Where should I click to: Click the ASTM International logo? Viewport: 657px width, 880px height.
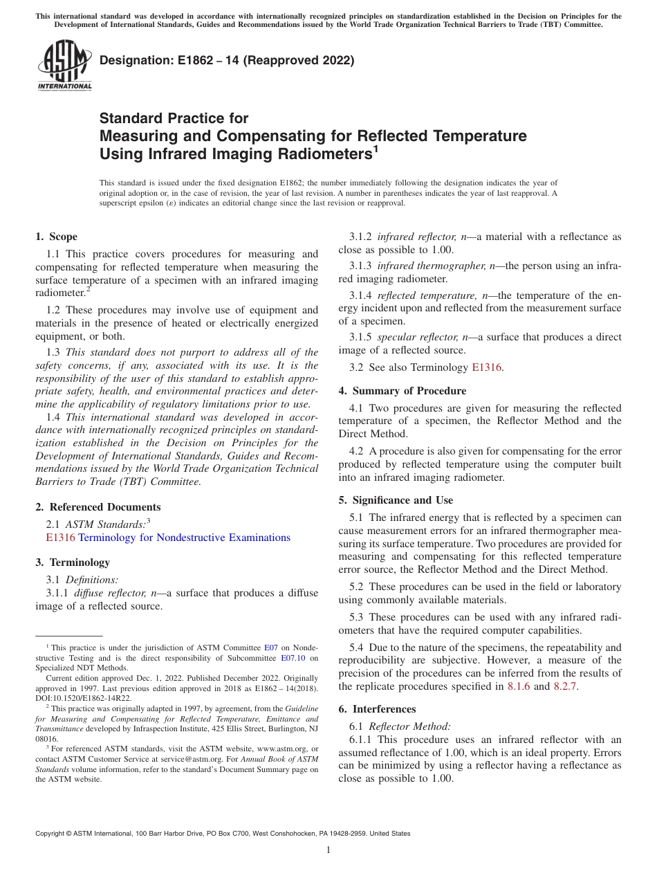pos(64,65)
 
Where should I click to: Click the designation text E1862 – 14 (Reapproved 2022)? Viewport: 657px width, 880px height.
pos(227,60)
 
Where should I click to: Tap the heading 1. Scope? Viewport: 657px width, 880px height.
pos(57,237)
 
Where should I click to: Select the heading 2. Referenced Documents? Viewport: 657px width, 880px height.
pos(98,507)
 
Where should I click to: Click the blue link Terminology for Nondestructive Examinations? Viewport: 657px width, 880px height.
pos(184,538)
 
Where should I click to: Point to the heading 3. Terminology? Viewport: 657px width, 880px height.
pos(73,562)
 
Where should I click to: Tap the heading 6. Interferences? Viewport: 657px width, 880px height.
pos(377,709)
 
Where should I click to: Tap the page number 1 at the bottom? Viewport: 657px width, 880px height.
pos(328,850)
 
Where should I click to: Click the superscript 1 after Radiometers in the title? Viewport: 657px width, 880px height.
pos(376,149)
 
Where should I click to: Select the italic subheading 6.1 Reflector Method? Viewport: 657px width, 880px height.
pos(400,726)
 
